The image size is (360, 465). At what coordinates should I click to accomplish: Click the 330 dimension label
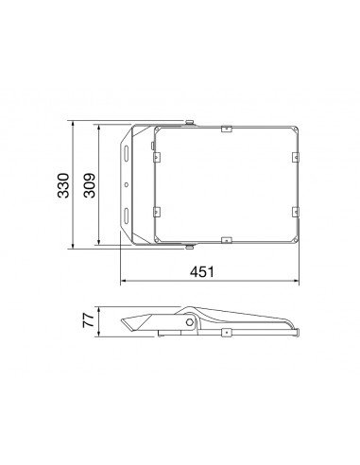63,185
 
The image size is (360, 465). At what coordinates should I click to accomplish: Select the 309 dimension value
90,185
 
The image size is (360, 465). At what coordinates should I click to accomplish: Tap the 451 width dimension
202,271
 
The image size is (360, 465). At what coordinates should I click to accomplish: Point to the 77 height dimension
88,320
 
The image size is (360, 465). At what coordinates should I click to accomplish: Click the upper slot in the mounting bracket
126,152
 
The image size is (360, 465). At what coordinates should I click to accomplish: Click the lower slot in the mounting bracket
126,215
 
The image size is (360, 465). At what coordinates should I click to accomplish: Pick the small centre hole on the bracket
127,184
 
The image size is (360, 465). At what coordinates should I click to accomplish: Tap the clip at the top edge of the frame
227,129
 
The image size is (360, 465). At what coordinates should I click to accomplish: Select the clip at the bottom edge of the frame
227,240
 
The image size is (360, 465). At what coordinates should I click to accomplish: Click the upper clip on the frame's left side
157,157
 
